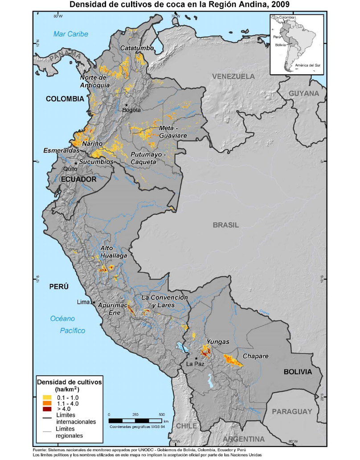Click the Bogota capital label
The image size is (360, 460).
tap(131, 110)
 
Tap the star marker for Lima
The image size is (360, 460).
tap(94, 303)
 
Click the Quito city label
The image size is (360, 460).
tap(70, 169)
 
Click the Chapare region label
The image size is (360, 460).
tap(255, 356)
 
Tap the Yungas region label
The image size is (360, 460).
tap(218, 342)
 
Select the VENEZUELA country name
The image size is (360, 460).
tap(233, 76)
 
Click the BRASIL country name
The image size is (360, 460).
tap(225, 225)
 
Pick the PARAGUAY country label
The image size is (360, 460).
tap(292, 411)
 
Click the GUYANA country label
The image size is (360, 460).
tap(304, 94)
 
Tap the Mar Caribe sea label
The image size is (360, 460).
tap(71, 34)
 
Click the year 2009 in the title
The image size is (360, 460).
tap(277, 5)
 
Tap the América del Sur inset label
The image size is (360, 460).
tap(304, 66)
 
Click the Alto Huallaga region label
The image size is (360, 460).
tap(114, 252)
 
